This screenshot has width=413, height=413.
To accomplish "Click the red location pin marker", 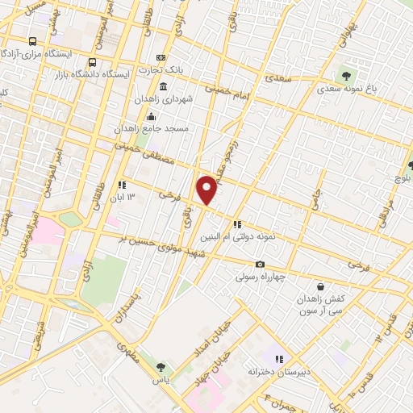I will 207,190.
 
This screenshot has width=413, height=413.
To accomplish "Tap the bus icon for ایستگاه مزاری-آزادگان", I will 32,40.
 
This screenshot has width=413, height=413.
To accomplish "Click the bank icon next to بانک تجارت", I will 161,57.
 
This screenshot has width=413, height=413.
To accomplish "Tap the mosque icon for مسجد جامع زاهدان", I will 151,116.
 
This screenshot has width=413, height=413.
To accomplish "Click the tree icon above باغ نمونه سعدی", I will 346,75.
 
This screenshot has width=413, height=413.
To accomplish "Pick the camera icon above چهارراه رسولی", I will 260,265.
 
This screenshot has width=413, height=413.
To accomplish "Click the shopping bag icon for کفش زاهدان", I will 321,286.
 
